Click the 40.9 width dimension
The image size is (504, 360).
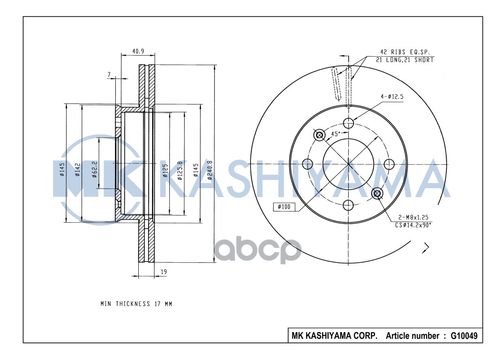click(138, 51)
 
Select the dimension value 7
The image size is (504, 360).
click(109, 74)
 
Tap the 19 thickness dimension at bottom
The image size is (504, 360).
click(164, 271)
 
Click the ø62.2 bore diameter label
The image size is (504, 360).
click(95, 170)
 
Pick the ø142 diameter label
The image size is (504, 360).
click(77, 170)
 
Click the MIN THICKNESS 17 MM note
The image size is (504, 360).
click(136, 304)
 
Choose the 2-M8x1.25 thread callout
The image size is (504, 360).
click(411, 217)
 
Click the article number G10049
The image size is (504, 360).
click(464, 336)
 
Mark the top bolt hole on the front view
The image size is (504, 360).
click(348, 122)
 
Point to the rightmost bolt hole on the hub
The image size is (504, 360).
click(390, 163)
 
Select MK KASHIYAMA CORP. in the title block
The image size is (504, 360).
click(335, 336)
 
